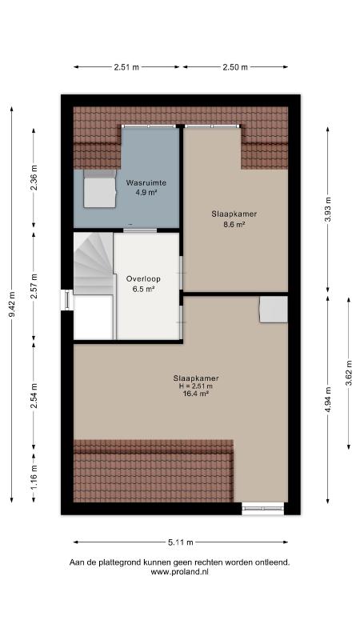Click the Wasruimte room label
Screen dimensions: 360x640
click(x=146, y=182)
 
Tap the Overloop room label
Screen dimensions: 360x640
click(x=143, y=279)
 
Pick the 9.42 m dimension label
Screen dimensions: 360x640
click(x=12, y=305)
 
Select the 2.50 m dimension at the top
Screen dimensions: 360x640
click(x=235, y=67)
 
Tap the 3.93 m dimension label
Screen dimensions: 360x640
click(x=328, y=210)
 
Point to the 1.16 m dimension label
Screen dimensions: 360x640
click(x=34, y=478)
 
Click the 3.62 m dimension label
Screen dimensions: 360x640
click(x=349, y=373)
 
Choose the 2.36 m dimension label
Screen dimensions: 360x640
click(x=34, y=178)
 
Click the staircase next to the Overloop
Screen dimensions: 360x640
click(x=94, y=263)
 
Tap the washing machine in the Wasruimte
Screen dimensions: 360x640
click(x=100, y=189)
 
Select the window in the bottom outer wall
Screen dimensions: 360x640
click(x=263, y=508)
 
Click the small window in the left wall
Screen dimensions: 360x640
click(x=67, y=300)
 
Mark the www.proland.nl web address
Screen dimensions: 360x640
click(x=180, y=572)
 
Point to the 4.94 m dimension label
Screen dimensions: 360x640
click(x=328, y=399)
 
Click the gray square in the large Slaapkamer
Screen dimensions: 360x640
click(x=274, y=310)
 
